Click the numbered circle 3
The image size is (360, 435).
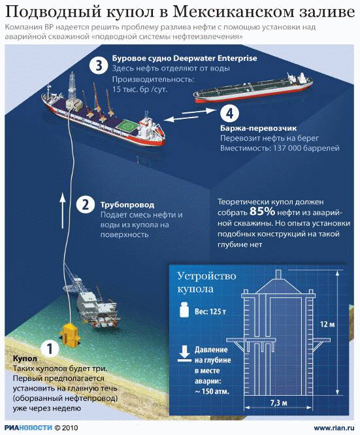99,66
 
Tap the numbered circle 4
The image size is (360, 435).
229,113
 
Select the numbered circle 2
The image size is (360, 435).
86,204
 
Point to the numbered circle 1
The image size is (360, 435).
50,348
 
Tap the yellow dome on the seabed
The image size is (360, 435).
70,334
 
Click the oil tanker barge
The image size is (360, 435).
253,88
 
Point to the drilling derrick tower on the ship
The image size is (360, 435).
73,86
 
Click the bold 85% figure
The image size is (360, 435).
262,212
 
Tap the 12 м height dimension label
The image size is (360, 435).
327,324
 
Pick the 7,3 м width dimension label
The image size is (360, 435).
279,403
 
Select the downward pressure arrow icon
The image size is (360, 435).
184,354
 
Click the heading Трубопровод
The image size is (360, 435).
127,204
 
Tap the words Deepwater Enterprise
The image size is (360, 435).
215,59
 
